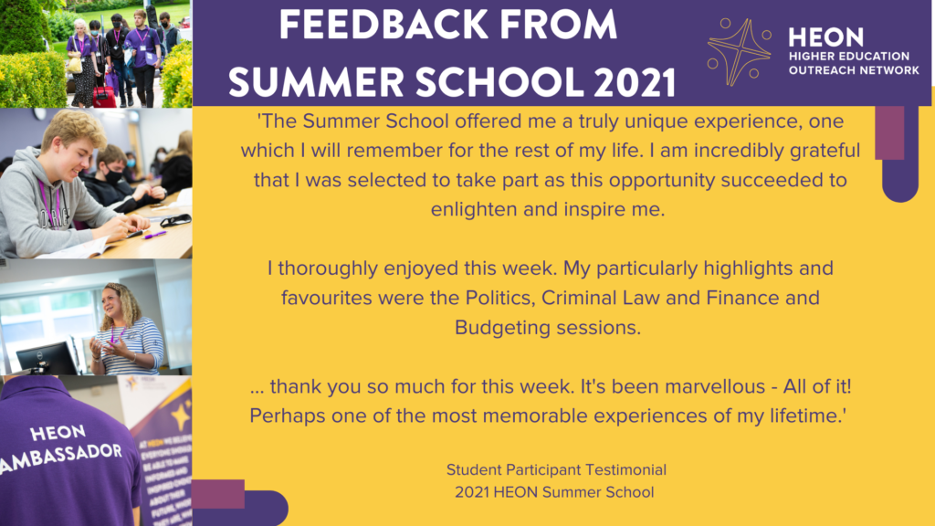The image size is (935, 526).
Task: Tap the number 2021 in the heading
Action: click(636, 82)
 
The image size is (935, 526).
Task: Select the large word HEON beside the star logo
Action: click(825, 37)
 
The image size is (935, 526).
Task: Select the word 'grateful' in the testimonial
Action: click(825, 151)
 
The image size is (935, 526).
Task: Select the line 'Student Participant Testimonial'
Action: click(556, 470)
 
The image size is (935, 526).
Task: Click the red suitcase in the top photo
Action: click(104, 97)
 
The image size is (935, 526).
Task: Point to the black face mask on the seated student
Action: click(112, 176)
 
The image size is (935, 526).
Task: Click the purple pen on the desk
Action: click(154, 235)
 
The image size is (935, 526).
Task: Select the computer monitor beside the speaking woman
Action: click(47, 358)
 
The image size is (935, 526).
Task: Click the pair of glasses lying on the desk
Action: click(175, 221)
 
